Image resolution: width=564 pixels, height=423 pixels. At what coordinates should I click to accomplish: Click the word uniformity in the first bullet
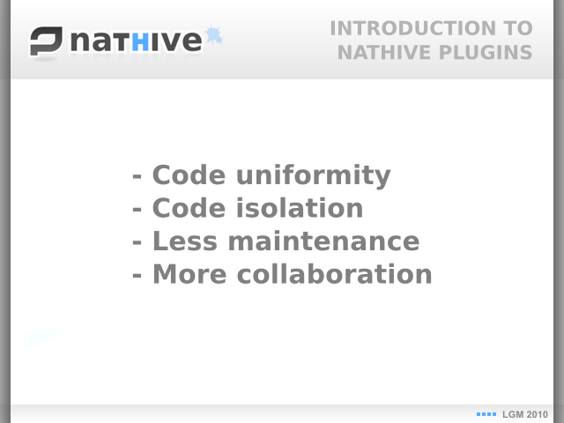point(314,176)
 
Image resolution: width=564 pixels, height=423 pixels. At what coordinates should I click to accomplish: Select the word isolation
point(300,208)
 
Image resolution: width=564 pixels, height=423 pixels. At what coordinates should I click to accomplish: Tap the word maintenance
point(323,241)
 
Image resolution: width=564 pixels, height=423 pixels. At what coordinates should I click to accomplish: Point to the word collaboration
point(334,274)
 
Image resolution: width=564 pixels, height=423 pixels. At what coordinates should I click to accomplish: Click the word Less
point(185,241)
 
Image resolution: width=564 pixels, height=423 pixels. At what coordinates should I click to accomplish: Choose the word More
point(189,274)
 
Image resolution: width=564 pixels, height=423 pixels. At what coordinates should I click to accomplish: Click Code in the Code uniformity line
point(189,174)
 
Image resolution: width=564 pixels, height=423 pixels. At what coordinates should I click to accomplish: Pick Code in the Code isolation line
point(189,208)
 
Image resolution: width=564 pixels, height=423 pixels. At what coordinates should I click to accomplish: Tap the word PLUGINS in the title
point(486,53)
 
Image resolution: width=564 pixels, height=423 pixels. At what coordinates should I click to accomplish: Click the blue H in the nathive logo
point(140,42)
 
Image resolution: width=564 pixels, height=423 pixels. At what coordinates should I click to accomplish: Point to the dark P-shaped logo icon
point(46,41)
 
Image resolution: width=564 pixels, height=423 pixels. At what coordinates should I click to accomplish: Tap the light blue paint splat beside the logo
point(213,34)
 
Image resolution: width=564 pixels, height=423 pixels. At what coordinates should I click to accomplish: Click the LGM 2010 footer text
point(525,414)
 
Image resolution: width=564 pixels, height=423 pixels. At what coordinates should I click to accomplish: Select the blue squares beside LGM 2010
point(486,414)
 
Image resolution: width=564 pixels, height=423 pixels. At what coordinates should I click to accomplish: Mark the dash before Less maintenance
point(137,242)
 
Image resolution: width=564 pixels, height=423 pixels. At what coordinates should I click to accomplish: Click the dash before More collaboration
point(137,275)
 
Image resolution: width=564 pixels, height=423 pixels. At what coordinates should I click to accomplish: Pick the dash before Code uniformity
point(137,176)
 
